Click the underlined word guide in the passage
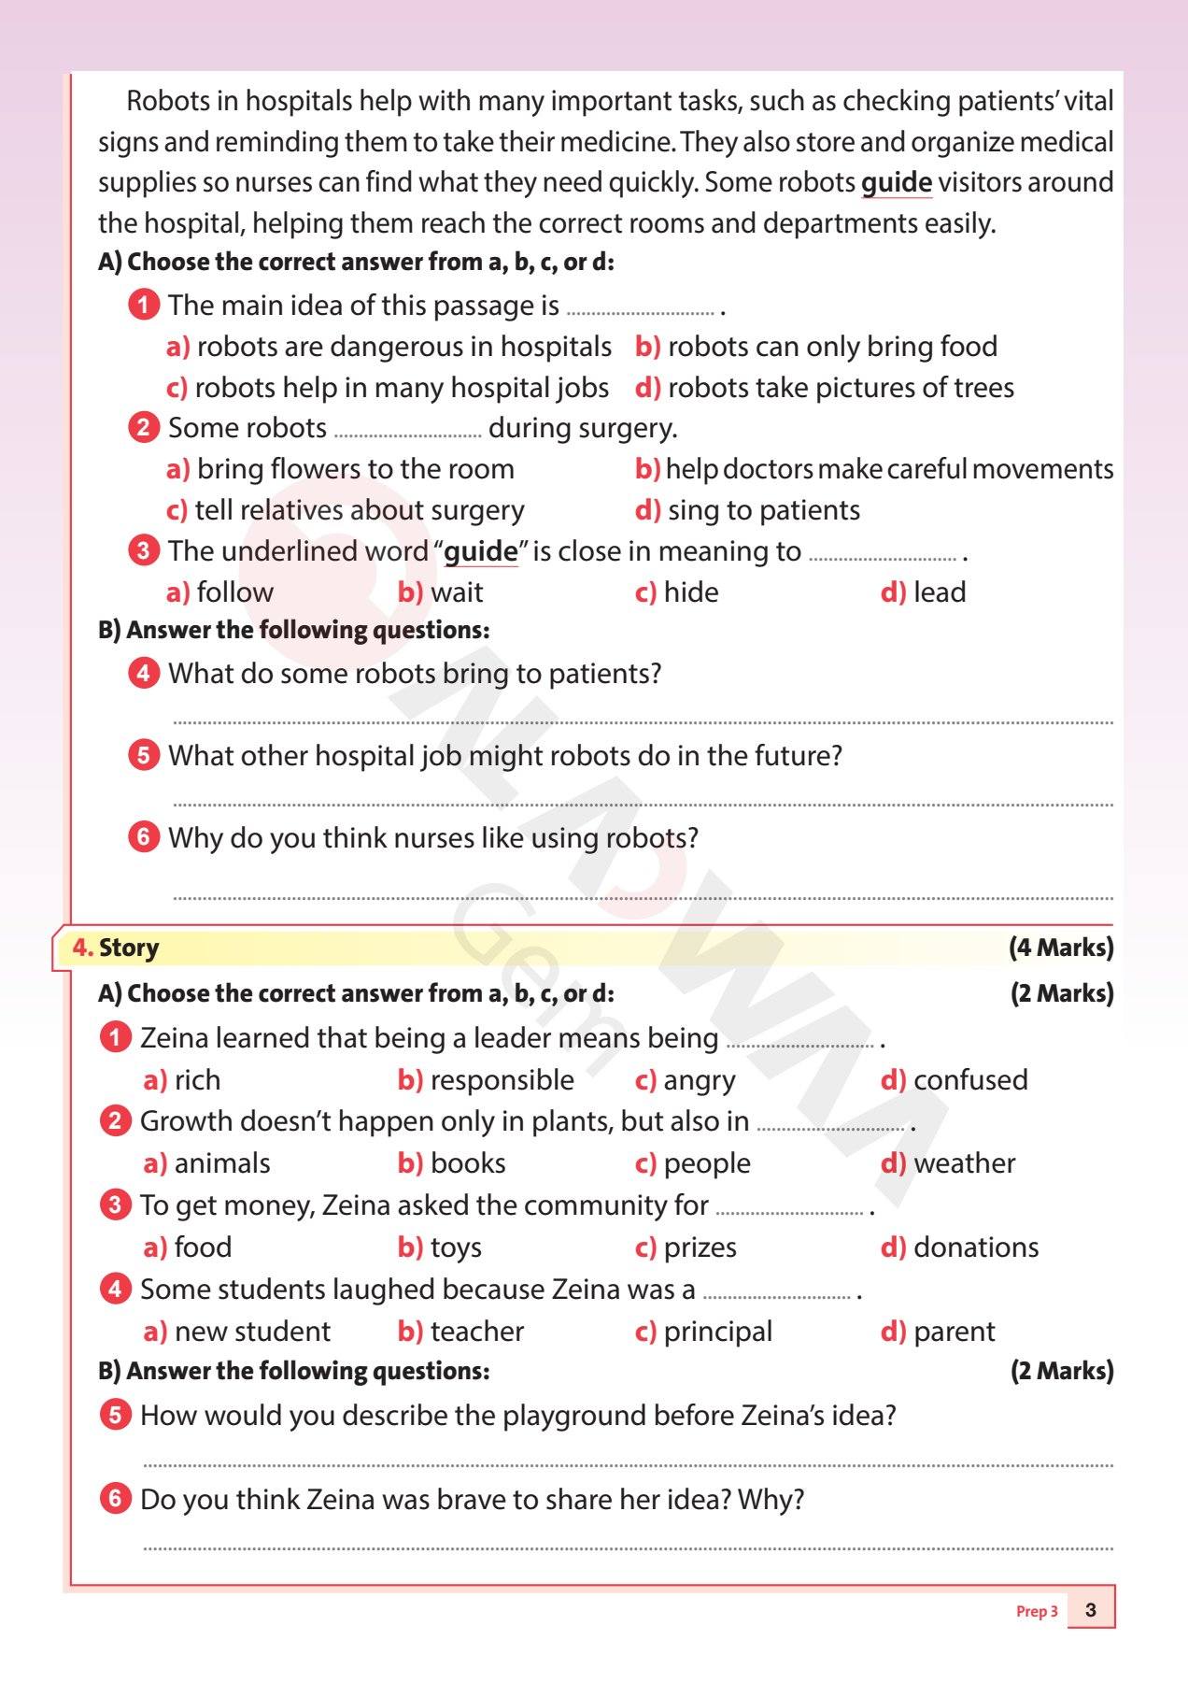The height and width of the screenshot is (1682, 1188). pos(896,182)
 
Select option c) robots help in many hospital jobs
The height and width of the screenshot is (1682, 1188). pos(388,388)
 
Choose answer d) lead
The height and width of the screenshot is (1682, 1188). pos(923,592)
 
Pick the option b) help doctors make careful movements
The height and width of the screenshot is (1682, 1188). pos(874,469)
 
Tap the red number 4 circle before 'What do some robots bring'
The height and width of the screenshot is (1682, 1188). pos(143,673)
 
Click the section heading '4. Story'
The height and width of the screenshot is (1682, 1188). pos(116,948)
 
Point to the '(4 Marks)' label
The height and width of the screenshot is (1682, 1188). pos(1061,948)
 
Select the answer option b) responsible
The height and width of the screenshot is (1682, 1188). pos(486,1080)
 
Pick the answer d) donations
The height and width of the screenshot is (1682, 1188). pos(959,1247)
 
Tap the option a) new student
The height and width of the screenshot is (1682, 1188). pos(237,1332)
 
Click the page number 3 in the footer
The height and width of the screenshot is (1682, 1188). pos(1091,1610)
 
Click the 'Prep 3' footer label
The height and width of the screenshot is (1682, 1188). pos(1037,1611)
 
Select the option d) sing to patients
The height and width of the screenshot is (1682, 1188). pos(747,510)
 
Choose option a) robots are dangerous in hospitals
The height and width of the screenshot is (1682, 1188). pos(389,347)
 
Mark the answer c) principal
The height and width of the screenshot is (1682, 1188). pos(703,1332)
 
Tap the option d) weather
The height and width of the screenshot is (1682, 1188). pos(948,1163)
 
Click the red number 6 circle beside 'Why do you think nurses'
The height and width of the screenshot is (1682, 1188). pos(143,836)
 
